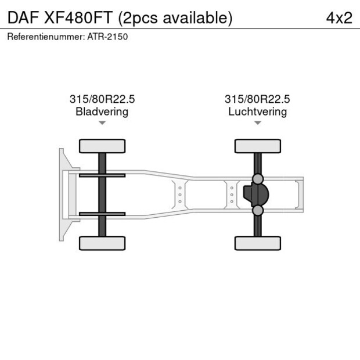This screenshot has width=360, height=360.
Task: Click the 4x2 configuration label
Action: tap(339, 17)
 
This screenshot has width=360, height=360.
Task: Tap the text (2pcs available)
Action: tap(175, 17)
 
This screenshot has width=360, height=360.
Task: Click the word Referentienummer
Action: tap(46, 37)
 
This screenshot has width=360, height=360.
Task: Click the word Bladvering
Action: tap(102, 111)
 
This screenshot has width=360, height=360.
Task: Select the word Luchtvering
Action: tap(257, 111)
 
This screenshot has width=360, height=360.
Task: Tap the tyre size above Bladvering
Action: tap(102, 99)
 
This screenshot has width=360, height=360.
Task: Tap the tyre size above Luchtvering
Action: tap(257, 99)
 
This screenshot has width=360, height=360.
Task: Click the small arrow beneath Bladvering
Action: tap(102, 123)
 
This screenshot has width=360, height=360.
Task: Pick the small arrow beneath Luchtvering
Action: tap(257, 123)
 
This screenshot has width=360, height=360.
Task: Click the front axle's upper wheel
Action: tap(102, 146)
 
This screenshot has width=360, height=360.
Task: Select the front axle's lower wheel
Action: tap(102, 243)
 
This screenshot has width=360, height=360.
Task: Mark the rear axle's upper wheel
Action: tap(257, 146)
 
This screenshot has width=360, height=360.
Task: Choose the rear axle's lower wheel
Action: tap(257, 243)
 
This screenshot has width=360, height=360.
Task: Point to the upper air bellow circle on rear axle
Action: tap(258, 179)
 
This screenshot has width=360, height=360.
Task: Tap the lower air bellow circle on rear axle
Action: tap(258, 210)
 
